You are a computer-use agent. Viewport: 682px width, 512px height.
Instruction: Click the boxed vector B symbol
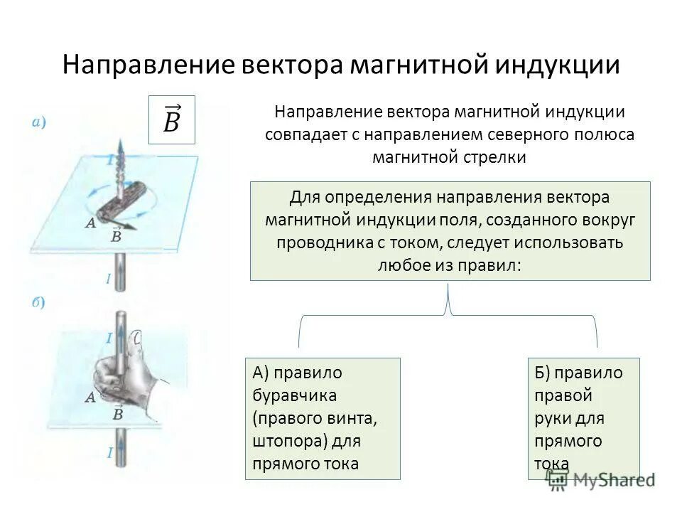click(x=171, y=118)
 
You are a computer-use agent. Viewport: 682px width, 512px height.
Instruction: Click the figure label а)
click(x=39, y=122)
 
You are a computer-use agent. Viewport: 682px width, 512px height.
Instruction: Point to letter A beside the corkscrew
click(x=90, y=223)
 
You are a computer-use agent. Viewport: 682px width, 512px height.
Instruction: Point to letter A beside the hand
click(x=90, y=398)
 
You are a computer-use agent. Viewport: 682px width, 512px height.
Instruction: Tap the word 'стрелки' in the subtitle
click(x=497, y=157)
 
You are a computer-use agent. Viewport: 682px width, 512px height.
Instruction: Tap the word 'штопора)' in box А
click(x=286, y=441)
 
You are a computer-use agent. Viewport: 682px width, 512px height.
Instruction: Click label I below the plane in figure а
click(x=109, y=279)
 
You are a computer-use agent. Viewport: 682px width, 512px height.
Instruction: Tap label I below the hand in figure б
click(x=109, y=452)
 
